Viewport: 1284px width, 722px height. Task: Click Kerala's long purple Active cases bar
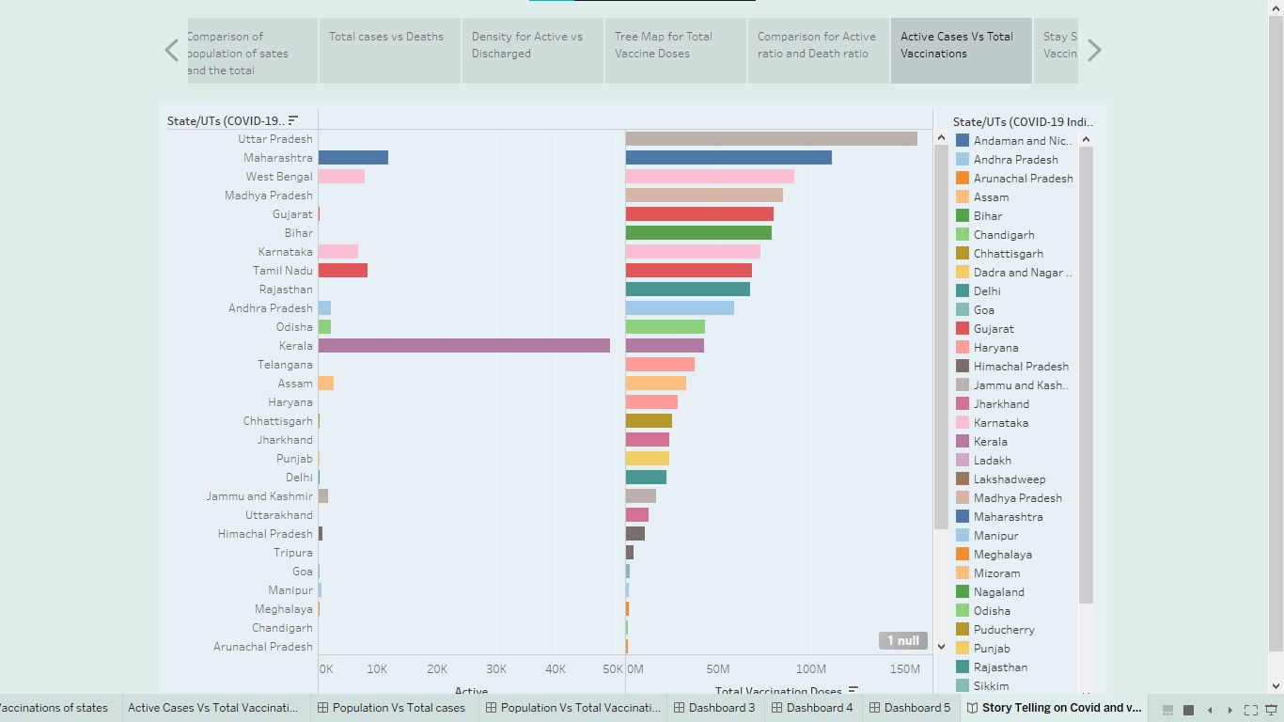click(463, 346)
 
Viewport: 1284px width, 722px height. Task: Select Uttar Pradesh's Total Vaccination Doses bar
click(771, 139)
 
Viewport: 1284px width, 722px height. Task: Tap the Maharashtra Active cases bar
click(352, 158)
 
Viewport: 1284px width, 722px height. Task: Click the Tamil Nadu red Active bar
click(342, 271)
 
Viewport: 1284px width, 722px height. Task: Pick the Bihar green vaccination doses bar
click(698, 233)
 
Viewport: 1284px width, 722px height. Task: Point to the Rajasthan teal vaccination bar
click(687, 290)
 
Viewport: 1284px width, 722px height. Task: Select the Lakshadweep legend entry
click(1009, 479)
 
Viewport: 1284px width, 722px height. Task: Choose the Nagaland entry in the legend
click(998, 592)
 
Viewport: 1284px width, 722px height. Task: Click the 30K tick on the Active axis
click(496, 669)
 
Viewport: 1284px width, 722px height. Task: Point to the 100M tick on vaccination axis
click(810, 669)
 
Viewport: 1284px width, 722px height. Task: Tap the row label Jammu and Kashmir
click(259, 496)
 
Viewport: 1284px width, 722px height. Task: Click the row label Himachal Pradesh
click(265, 534)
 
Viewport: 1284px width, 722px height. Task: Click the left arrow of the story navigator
click(171, 51)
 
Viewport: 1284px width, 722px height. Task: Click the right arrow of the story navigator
click(1094, 51)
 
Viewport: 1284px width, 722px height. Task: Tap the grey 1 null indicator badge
click(902, 641)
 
